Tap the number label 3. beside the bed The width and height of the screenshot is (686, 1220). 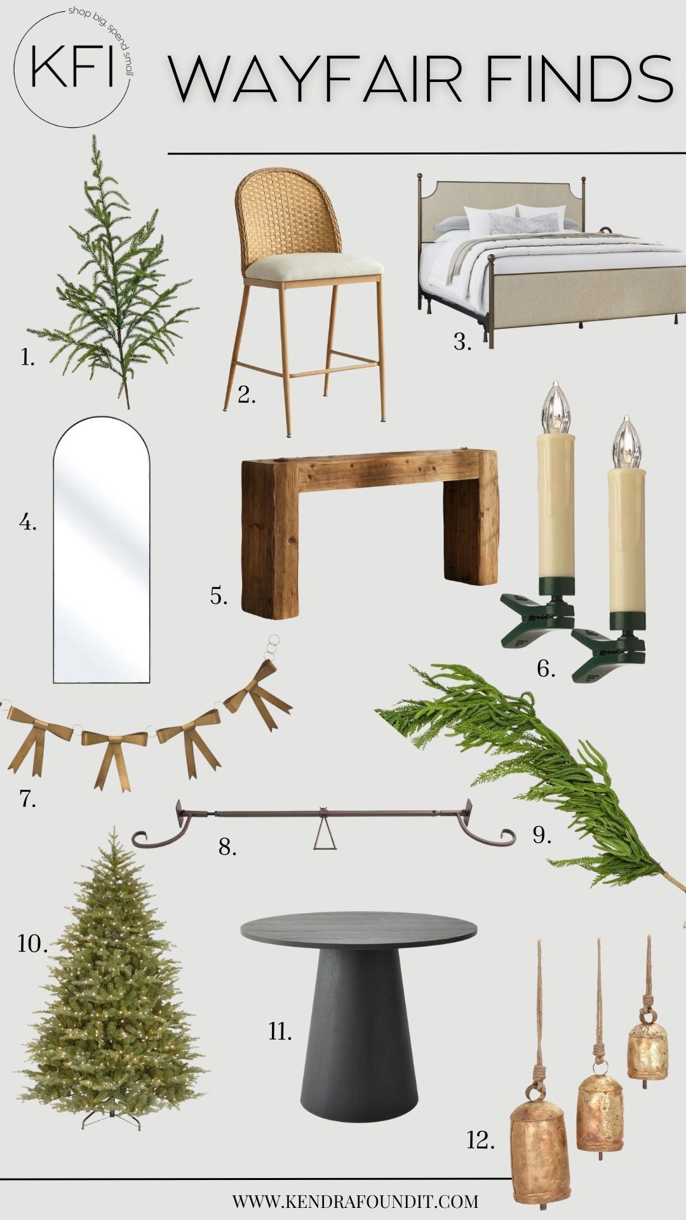pos(462,342)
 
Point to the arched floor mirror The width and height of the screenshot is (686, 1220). pos(102,550)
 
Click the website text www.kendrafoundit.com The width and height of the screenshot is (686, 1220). pos(355,1201)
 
